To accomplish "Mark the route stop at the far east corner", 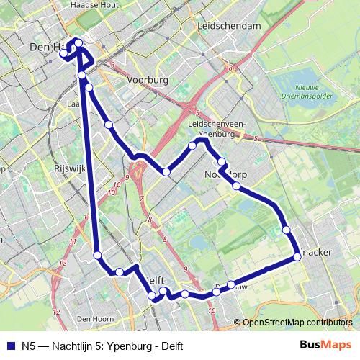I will tap(297, 256).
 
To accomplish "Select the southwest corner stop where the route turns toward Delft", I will tap(97, 254).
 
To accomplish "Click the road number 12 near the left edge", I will tap(62, 264).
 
